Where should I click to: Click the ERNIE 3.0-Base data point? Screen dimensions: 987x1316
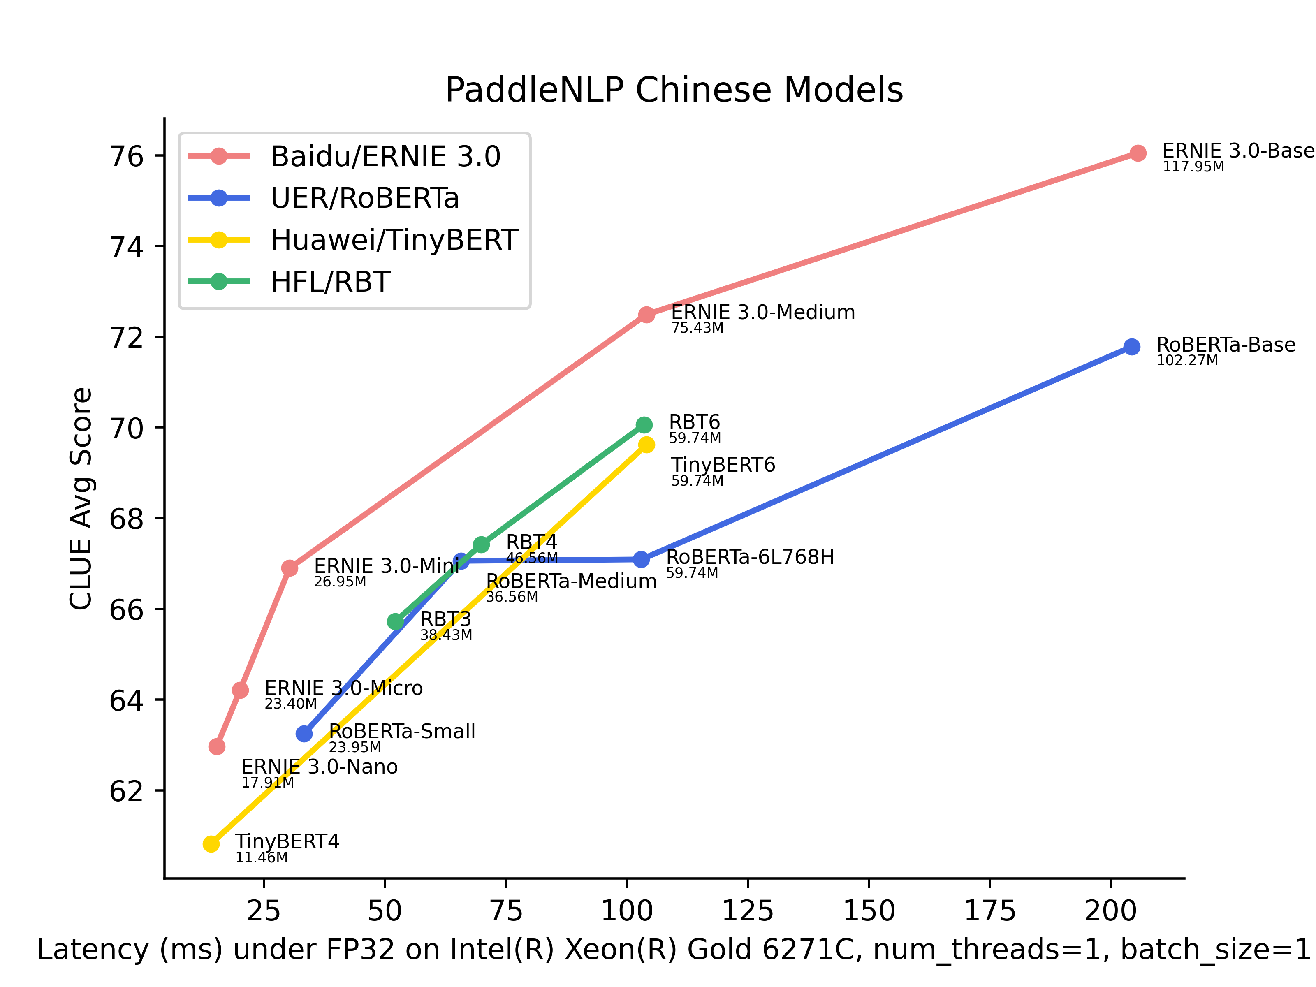click(x=1138, y=153)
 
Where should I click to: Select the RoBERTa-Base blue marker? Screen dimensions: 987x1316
click(x=1132, y=347)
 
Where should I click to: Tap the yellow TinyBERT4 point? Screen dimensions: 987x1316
click(x=211, y=843)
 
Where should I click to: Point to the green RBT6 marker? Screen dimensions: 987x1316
click(x=644, y=425)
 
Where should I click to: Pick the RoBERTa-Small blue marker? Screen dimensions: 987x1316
click(x=304, y=734)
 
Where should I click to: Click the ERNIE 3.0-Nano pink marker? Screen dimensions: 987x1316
click(x=217, y=747)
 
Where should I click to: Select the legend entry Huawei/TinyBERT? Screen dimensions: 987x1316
click(x=394, y=240)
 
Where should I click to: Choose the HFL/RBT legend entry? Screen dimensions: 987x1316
click(x=330, y=282)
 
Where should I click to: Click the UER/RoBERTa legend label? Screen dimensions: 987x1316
click(x=365, y=198)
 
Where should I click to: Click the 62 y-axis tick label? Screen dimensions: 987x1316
click(x=127, y=792)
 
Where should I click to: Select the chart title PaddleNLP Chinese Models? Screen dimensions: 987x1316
click(x=674, y=90)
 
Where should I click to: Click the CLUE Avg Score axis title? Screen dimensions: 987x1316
click(x=81, y=498)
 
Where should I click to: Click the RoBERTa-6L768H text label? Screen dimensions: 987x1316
click(x=750, y=558)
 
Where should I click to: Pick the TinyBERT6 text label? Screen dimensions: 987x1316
click(x=723, y=465)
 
